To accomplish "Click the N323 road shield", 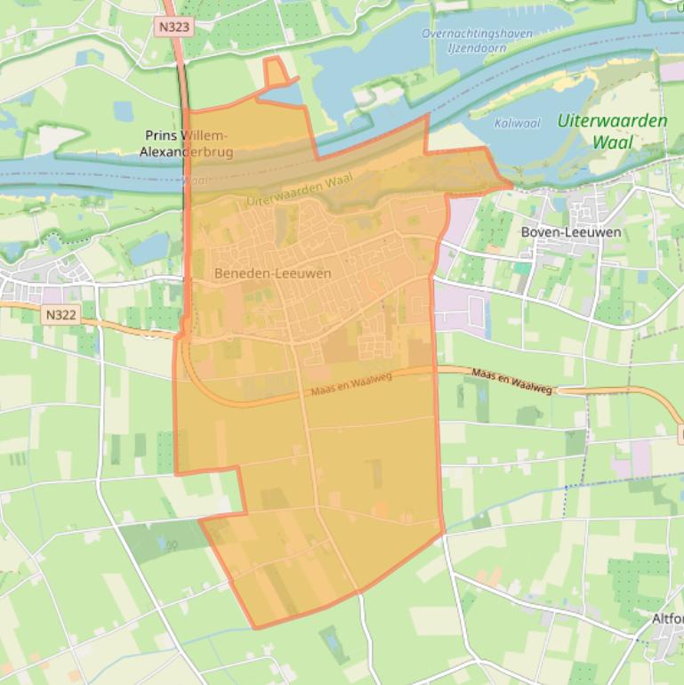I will [x=173, y=27].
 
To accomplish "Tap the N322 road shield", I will [x=60, y=314].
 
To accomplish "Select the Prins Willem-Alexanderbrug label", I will [x=187, y=143].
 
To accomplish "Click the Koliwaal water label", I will [x=517, y=124].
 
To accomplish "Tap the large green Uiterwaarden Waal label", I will [x=612, y=131].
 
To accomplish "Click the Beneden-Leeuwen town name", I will [x=272, y=273].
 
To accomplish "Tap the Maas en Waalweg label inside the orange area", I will [x=351, y=386].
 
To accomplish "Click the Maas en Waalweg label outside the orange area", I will [x=511, y=382].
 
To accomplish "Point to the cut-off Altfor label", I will [x=667, y=618].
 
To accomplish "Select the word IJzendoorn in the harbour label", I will [x=478, y=48].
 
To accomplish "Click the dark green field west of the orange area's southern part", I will [x=151, y=539].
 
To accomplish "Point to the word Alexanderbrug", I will [x=187, y=152].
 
